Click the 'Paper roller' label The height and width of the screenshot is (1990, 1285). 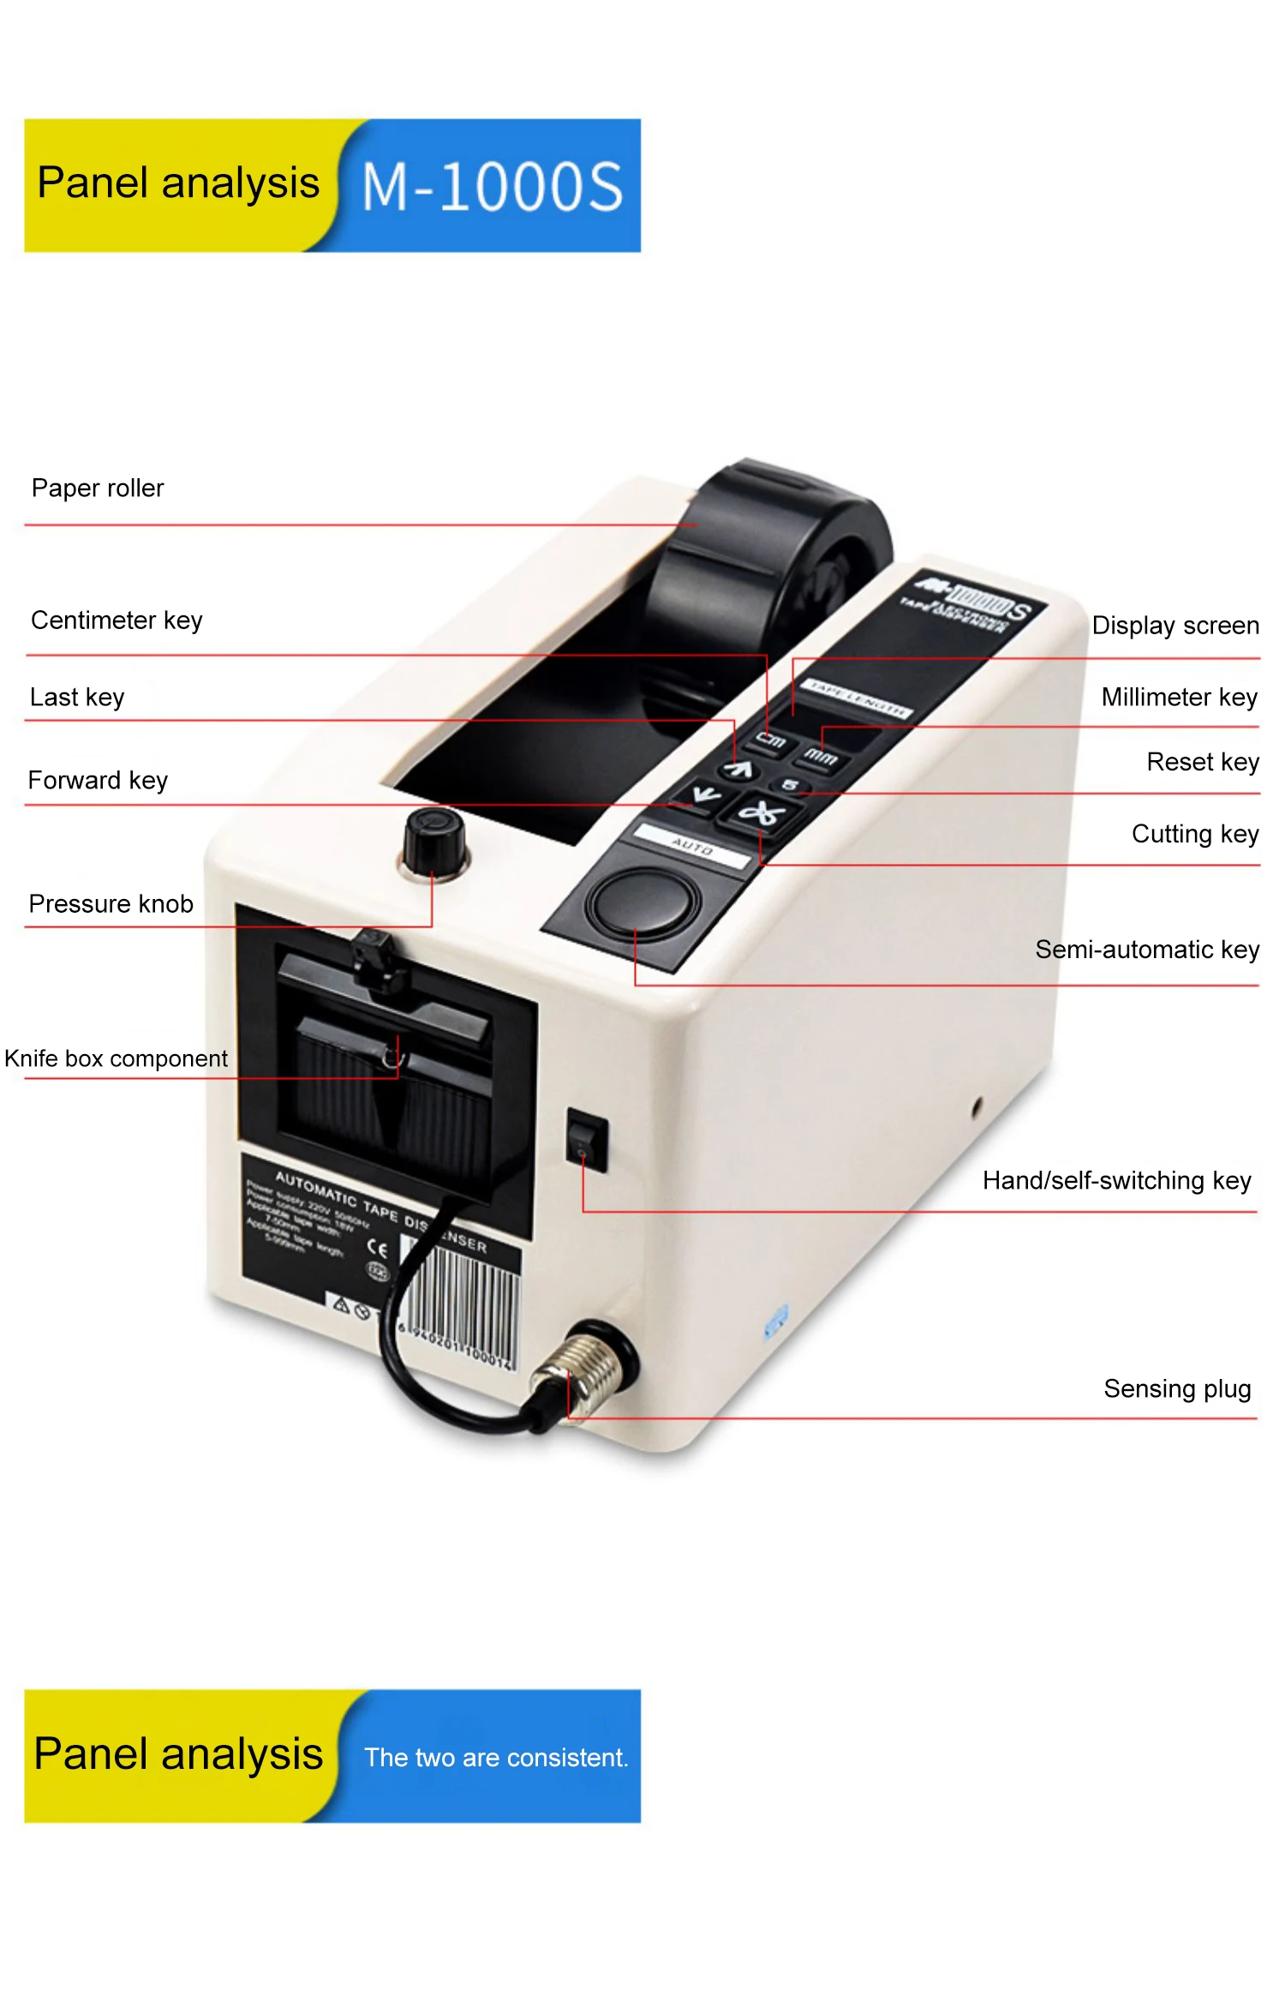pos(98,489)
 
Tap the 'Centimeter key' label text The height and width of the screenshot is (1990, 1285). pos(117,620)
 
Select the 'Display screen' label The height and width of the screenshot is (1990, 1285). pos(1174,626)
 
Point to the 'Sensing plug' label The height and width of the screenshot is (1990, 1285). pos(1177,1388)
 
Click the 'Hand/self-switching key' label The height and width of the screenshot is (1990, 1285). pos(1116,1181)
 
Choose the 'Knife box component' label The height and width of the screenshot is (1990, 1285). pos(117,1058)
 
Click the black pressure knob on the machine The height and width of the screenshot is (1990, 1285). pos(434,838)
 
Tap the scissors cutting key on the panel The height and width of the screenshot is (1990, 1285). pos(760,813)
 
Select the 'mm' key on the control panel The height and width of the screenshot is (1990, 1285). pos(821,757)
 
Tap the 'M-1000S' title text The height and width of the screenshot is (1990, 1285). pos(492,187)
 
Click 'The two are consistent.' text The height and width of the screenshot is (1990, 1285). pos(496,1758)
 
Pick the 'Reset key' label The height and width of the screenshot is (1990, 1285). pos(1202,762)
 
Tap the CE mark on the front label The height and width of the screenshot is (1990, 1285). pos(377,1250)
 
